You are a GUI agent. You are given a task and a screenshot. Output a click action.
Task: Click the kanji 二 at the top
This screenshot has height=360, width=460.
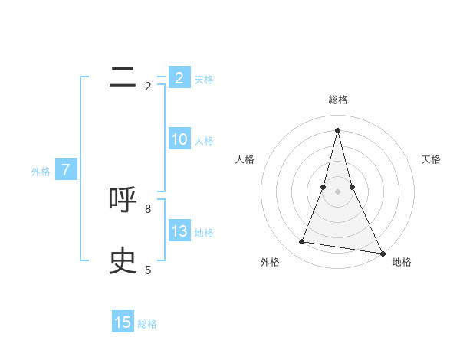[123, 77]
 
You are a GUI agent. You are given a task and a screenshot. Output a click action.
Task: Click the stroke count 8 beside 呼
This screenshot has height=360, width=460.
[148, 208]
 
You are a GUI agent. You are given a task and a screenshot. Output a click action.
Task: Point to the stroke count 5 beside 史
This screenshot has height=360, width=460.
[148, 270]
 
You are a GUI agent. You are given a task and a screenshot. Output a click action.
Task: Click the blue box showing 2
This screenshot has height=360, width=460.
[179, 78]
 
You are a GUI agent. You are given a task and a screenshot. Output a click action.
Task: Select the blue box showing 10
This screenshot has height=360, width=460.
[179, 139]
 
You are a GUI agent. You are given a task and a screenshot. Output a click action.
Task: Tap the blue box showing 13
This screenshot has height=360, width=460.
[179, 231]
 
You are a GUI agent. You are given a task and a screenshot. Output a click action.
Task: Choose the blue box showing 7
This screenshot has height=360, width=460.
[67, 171]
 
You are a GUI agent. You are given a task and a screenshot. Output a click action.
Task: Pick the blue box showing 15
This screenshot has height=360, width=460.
[123, 322]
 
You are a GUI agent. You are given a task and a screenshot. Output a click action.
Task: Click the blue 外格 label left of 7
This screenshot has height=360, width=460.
[41, 172]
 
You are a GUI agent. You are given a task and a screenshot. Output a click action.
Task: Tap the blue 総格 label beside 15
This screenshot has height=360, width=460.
[147, 324]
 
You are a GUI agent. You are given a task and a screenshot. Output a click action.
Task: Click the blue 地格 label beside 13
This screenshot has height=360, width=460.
[204, 233]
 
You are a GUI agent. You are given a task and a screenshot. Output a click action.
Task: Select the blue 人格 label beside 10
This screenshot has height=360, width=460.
[204, 141]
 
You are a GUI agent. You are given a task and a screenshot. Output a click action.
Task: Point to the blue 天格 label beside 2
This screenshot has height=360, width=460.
[204, 80]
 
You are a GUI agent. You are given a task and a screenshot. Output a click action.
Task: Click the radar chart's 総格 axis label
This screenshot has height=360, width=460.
[337, 100]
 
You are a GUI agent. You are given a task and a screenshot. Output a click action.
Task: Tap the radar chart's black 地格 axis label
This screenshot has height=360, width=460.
[402, 263]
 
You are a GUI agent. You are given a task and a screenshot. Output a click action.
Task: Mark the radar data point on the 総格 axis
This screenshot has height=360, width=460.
[337, 129]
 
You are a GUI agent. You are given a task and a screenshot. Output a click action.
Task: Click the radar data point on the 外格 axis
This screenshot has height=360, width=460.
[302, 242]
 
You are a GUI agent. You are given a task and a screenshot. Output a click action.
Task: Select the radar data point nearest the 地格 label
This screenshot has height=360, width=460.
[383, 253]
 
